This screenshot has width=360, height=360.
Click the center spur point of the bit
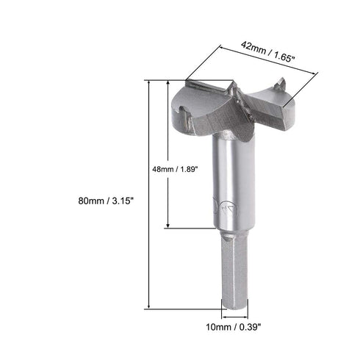(x=234, y=90)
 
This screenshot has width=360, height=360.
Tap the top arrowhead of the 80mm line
(x=151, y=82)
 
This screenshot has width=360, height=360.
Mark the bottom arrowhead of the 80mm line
(x=151, y=307)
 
